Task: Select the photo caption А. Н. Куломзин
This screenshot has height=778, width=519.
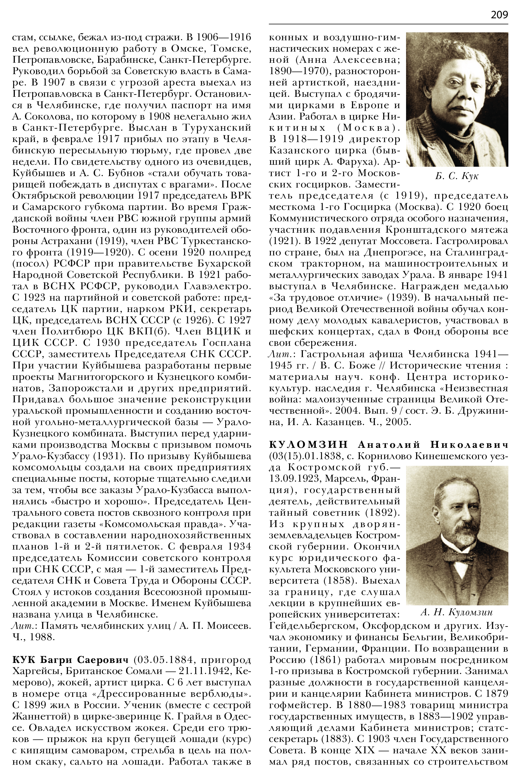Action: [456, 612]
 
